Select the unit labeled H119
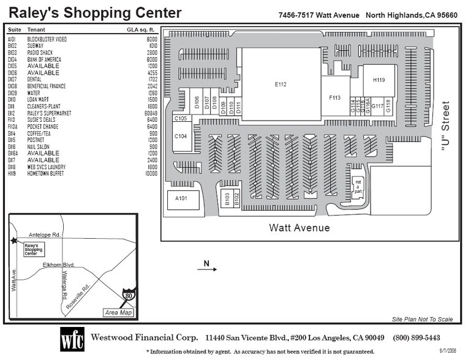tap(379, 80)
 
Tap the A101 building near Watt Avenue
tap(181, 199)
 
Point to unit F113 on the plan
tap(334, 97)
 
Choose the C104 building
tap(181, 137)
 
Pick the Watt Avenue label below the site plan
tap(300, 228)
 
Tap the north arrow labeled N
tap(207, 265)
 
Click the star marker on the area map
tap(13, 241)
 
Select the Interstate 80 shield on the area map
tap(128, 296)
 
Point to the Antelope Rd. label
tap(45, 235)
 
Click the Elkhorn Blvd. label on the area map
tap(58, 265)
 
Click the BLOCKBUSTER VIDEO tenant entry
tap(47, 39)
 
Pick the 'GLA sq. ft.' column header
tap(142, 29)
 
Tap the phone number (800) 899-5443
tap(416, 338)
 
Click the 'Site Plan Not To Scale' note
tap(423, 319)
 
